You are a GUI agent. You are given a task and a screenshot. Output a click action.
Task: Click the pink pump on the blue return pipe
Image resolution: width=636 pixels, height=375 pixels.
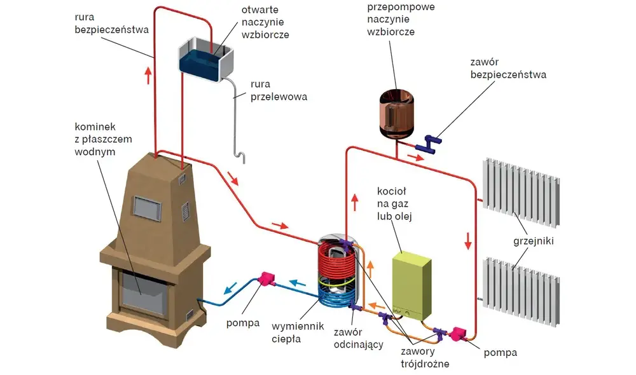[266, 279]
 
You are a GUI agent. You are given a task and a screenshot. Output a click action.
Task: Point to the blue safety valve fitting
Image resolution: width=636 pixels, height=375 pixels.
[431, 144]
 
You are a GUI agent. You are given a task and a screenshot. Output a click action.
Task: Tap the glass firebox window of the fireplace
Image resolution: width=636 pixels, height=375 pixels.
[144, 292]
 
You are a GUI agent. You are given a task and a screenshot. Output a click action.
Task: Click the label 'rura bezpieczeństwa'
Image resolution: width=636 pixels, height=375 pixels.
[111, 24]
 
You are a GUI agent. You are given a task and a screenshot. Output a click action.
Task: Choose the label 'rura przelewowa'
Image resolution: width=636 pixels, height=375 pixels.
[279, 90]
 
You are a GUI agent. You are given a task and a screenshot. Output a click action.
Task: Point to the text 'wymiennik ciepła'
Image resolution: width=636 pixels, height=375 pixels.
[298, 332]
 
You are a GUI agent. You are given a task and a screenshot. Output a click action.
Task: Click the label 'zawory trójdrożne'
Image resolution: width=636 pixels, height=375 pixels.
[425, 358]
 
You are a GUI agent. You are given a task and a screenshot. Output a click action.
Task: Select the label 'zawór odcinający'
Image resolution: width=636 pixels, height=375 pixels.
[359, 339]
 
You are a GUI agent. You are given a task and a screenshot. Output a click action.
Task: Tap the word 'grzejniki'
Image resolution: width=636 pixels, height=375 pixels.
[534, 242]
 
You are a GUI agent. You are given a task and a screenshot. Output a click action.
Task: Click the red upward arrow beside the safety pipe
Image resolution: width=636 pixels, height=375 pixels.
[148, 76]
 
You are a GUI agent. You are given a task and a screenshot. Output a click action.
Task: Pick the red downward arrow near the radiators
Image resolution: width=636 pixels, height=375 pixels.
[468, 241]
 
